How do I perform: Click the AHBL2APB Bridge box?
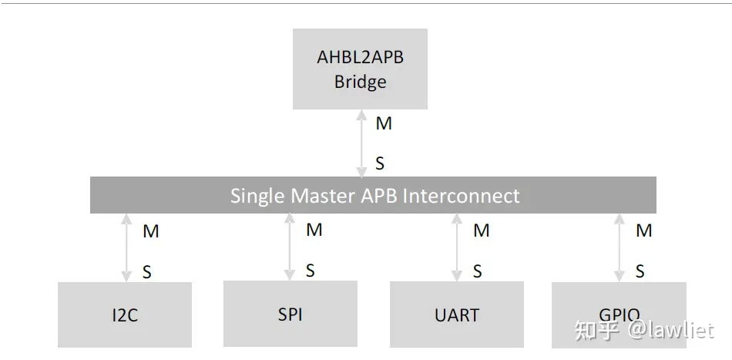point(360,69)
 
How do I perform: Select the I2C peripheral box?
point(125,315)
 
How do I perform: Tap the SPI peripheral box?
point(290,313)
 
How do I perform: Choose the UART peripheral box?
point(457,315)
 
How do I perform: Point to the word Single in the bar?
point(257,196)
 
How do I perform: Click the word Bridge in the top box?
point(360,82)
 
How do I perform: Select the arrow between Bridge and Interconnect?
point(361,143)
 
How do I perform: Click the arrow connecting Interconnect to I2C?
point(126,247)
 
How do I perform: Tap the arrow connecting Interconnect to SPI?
point(290,247)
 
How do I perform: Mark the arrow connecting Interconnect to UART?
point(457,247)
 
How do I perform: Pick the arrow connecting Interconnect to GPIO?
point(619,247)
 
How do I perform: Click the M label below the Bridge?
point(384,123)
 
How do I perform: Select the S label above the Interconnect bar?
point(380,163)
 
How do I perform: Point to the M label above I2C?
point(151,230)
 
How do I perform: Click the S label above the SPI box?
point(311,271)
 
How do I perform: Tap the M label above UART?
point(482,230)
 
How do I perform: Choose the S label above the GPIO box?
point(640,271)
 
